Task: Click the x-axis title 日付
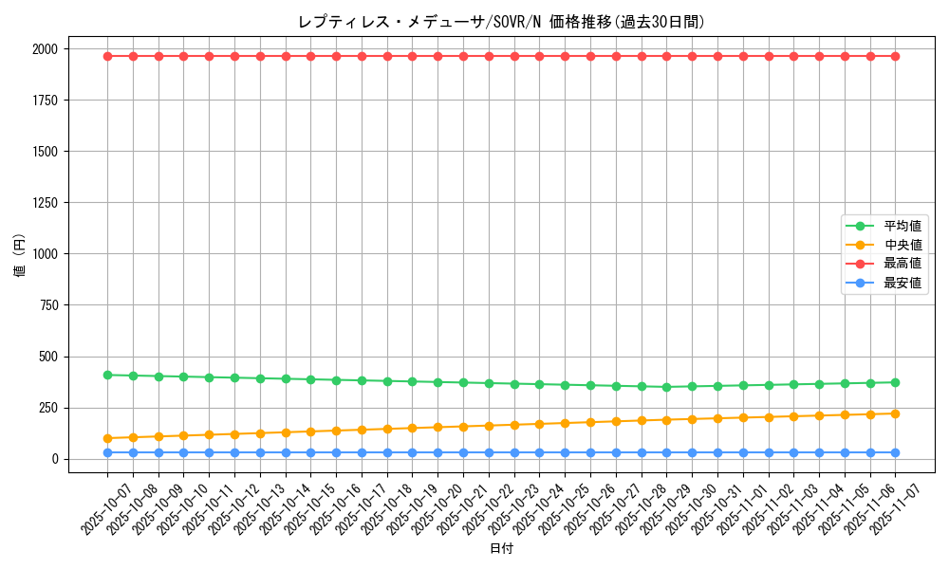501,549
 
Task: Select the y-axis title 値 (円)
20,254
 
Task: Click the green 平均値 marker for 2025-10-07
107,375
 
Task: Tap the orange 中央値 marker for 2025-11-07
895,413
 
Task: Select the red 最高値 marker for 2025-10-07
107,56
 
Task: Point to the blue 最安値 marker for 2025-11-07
895,452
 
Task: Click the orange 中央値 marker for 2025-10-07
107,438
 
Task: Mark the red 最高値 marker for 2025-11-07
895,56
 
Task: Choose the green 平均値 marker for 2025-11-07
895,382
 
